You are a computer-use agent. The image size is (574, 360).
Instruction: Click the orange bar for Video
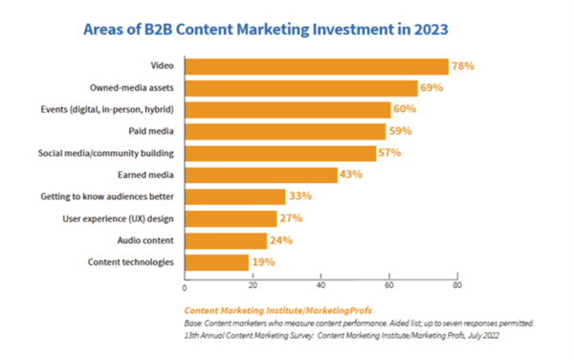(x=316, y=66)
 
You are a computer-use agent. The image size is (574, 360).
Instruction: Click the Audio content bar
(x=225, y=240)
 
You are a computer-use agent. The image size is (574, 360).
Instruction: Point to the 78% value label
(x=464, y=66)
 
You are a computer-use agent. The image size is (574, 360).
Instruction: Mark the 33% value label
(x=301, y=197)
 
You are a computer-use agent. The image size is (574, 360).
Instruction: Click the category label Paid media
(x=150, y=131)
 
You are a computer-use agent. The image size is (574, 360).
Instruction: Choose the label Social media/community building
(x=108, y=153)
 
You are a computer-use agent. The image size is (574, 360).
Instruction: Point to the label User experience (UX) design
(x=121, y=218)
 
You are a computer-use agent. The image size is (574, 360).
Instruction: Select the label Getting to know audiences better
(x=108, y=197)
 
